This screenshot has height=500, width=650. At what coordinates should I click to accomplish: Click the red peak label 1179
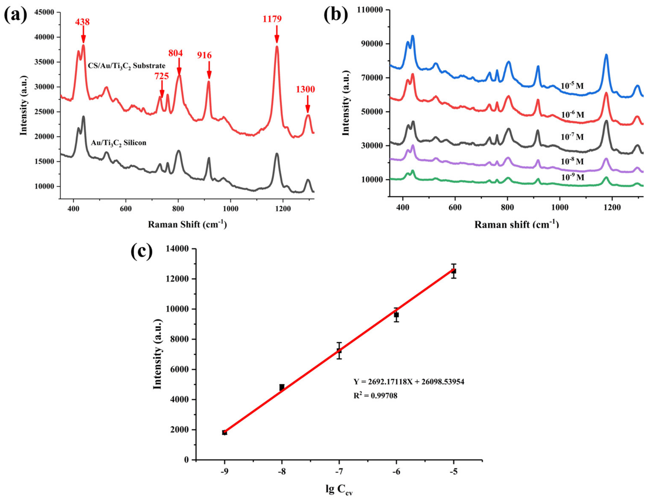coord(272,19)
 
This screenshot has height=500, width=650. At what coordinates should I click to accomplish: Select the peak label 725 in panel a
coord(161,76)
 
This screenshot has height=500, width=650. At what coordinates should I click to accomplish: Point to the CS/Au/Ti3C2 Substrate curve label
coord(127,66)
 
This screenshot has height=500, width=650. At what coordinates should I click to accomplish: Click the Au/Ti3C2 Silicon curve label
coord(118,143)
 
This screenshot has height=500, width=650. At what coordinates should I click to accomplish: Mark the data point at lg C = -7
coord(339,351)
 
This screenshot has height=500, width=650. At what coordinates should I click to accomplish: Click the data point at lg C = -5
coord(454,271)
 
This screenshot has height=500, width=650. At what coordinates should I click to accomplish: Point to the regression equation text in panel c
coord(409,382)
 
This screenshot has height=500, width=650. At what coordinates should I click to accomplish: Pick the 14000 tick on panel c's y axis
coord(178,249)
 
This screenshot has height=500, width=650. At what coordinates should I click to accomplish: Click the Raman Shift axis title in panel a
coord(187,224)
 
